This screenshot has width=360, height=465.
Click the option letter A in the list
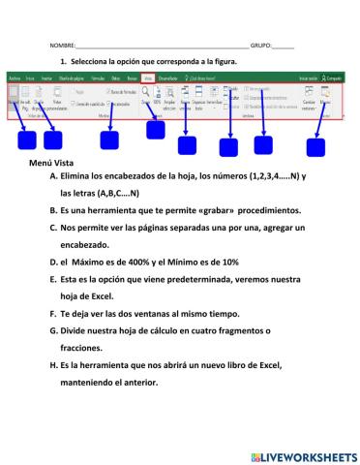coord(50,178)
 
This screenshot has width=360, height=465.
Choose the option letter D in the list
coord(50,261)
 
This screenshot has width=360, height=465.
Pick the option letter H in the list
coord(50,365)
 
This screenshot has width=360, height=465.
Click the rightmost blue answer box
coord(317,147)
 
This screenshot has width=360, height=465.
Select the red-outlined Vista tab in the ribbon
coord(148,77)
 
